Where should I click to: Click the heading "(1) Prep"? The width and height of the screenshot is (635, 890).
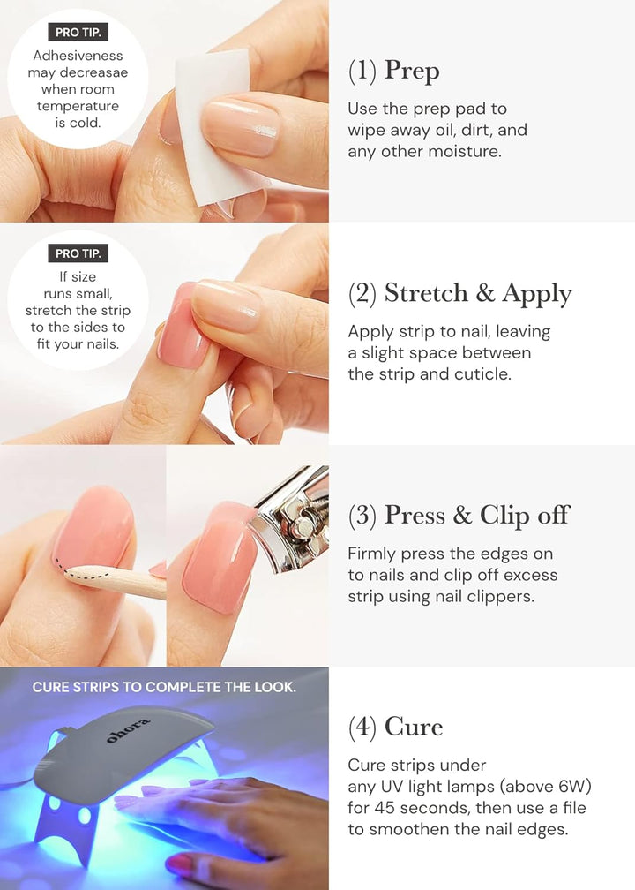click(393, 72)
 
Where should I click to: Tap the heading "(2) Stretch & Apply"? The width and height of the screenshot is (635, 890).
click(459, 294)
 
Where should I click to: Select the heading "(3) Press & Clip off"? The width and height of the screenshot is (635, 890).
click(459, 516)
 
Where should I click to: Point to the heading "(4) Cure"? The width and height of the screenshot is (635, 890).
click(395, 728)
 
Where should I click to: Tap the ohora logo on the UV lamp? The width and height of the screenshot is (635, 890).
click(129, 730)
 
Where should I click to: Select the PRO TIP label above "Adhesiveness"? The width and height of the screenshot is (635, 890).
click(78, 34)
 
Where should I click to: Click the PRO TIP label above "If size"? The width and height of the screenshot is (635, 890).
click(78, 253)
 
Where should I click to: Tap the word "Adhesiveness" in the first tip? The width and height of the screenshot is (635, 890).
click(78, 57)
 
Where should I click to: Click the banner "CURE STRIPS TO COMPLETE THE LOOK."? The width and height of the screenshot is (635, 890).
click(164, 687)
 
